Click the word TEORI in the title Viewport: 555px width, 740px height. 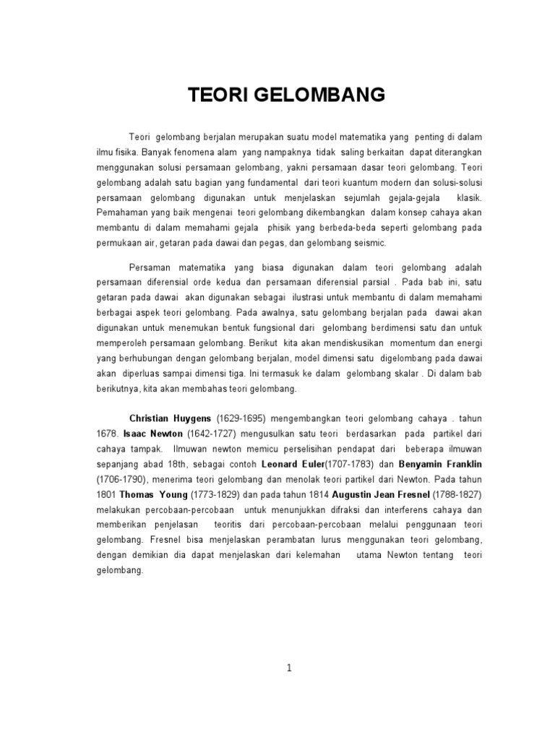217,95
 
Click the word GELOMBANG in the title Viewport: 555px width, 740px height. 315,95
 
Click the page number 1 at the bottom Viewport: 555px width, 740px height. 289,668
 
